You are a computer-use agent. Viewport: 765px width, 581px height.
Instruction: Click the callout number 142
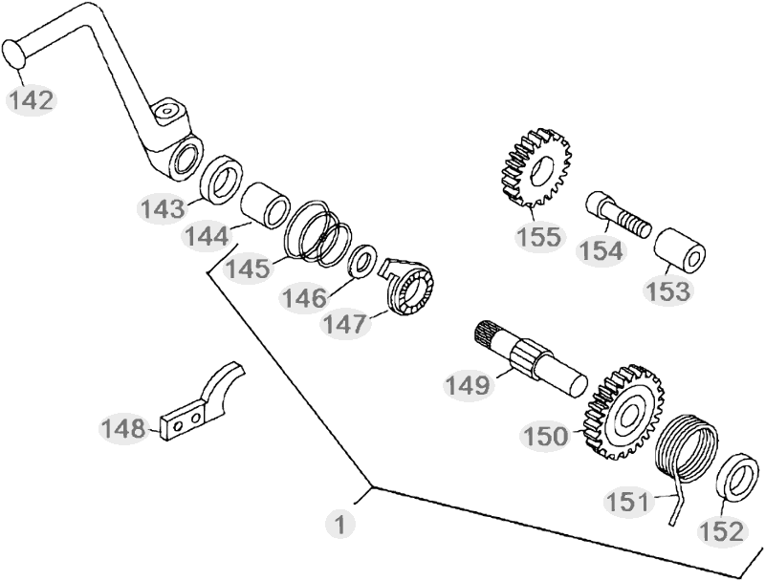tap(33, 98)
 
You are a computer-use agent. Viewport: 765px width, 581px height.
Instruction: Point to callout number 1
tap(339, 524)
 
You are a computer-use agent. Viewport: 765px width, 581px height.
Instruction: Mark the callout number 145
tap(248, 269)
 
